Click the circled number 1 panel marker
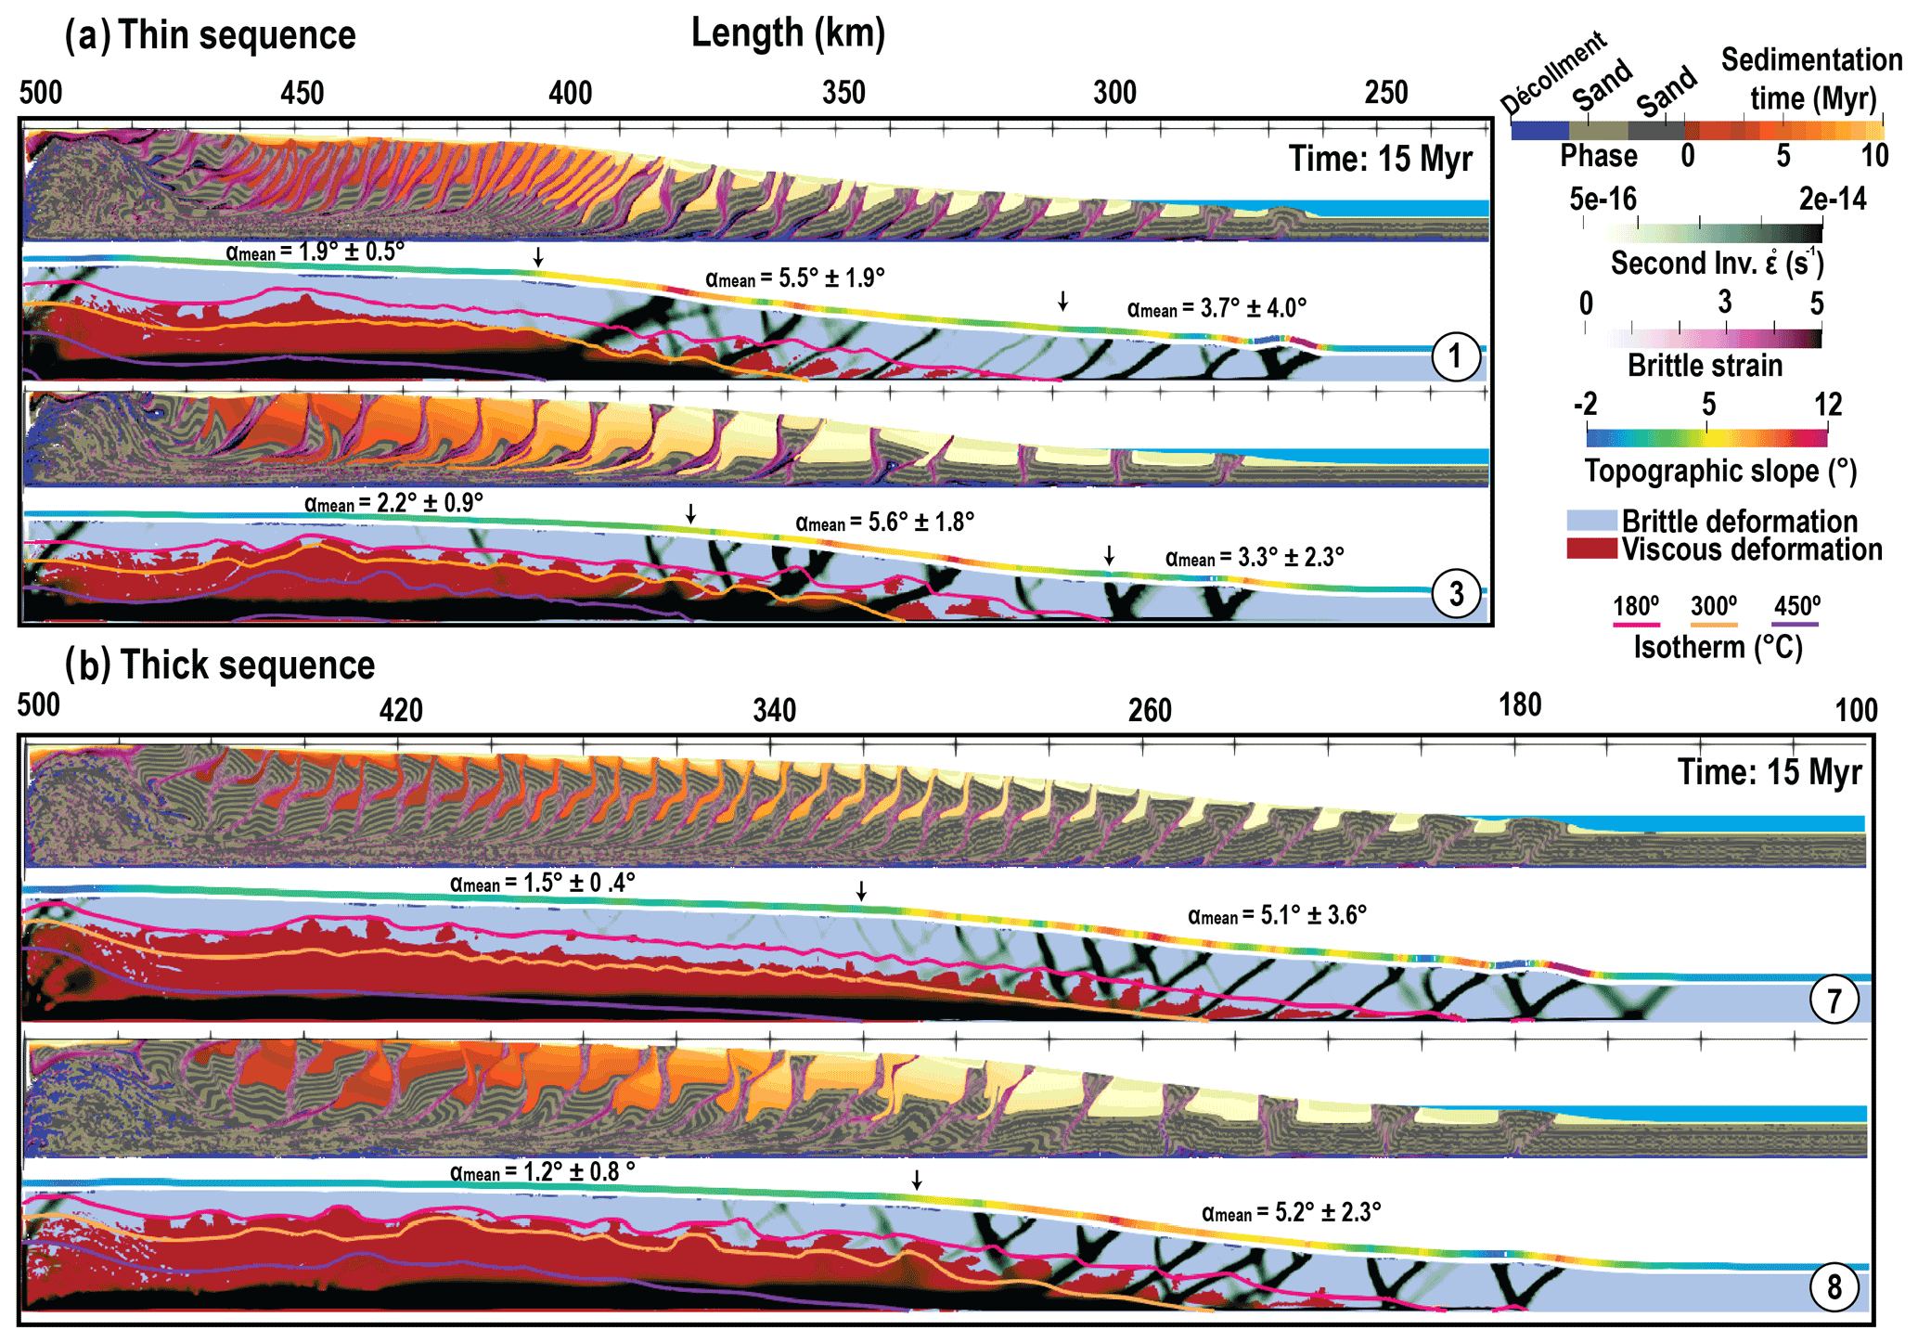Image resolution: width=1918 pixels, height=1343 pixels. [x=1454, y=356]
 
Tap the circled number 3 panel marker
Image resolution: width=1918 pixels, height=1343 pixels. [x=1456, y=594]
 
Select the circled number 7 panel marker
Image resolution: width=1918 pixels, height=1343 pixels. [x=1834, y=1001]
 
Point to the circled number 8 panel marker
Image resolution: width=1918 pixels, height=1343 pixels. [x=1834, y=1288]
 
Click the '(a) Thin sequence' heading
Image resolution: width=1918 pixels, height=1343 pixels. [x=211, y=36]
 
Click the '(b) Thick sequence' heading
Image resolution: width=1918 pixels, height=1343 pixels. [x=220, y=665]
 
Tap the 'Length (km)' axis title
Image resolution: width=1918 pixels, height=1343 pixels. [x=788, y=33]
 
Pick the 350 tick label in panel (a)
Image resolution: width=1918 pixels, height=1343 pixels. [x=843, y=93]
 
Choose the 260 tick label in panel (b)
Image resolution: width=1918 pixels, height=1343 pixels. [x=1150, y=711]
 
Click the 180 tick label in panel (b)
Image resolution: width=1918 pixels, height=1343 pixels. [x=1520, y=705]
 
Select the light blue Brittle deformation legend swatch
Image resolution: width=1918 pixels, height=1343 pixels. [x=1591, y=521]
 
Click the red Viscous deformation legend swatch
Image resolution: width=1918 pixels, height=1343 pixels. [x=1591, y=549]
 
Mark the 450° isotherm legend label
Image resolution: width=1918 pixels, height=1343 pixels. [x=1797, y=607]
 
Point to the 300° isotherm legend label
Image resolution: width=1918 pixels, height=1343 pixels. [x=1713, y=607]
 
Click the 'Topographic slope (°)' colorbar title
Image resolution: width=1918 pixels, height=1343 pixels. [x=1720, y=471]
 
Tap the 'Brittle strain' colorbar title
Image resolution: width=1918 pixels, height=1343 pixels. [x=1705, y=366]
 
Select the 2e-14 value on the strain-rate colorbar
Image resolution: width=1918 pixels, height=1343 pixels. [x=1833, y=200]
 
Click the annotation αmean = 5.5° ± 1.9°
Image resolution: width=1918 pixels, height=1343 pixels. [x=794, y=278]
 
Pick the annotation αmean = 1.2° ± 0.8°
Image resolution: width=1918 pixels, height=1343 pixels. [x=543, y=1173]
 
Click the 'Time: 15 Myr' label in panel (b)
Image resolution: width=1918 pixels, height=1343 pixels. [x=1770, y=772]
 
